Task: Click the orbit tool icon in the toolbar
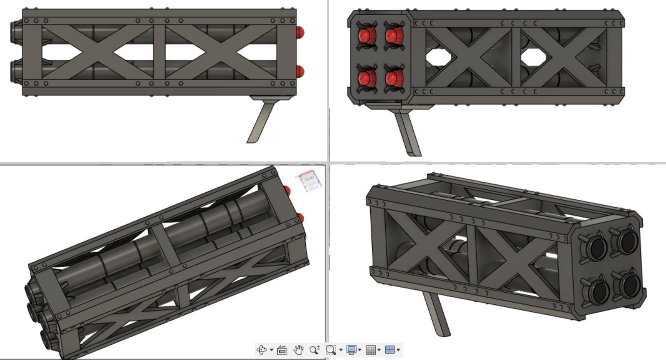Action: click(262, 350)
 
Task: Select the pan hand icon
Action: click(298, 350)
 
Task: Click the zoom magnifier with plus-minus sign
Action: click(314, 350)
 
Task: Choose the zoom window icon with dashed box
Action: click(330, 350)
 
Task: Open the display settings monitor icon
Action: click(351, 350)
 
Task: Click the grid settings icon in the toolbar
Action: click(371, 350)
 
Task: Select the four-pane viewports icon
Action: click(390, 350)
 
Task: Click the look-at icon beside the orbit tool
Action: click(282, 350)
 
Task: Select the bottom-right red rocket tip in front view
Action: click(393, 78)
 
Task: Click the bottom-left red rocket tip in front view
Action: click(367, 78)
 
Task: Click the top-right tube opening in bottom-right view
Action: click(626, 240)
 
